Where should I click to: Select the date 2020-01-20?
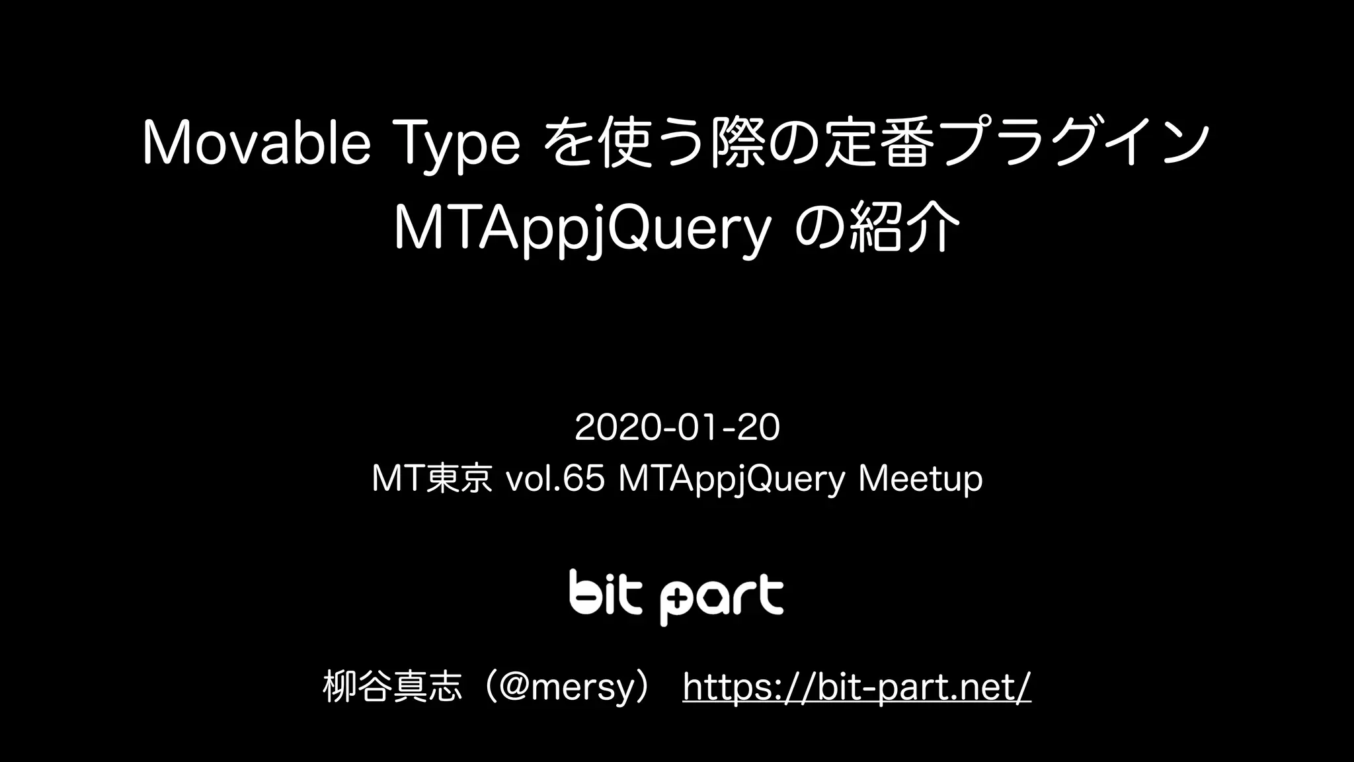point(677,427)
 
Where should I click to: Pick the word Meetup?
point(920,479)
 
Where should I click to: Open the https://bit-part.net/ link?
point(856,687)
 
